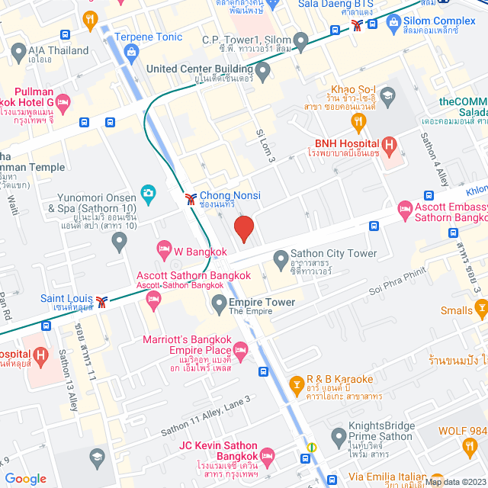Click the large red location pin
243,229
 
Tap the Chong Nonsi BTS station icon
189,200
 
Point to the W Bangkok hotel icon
163,248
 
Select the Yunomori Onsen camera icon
148,191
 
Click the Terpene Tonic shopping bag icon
132,52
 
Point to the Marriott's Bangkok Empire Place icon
241,351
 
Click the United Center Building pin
263,73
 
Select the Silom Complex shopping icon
393,23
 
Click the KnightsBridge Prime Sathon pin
339,436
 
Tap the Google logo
26,478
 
